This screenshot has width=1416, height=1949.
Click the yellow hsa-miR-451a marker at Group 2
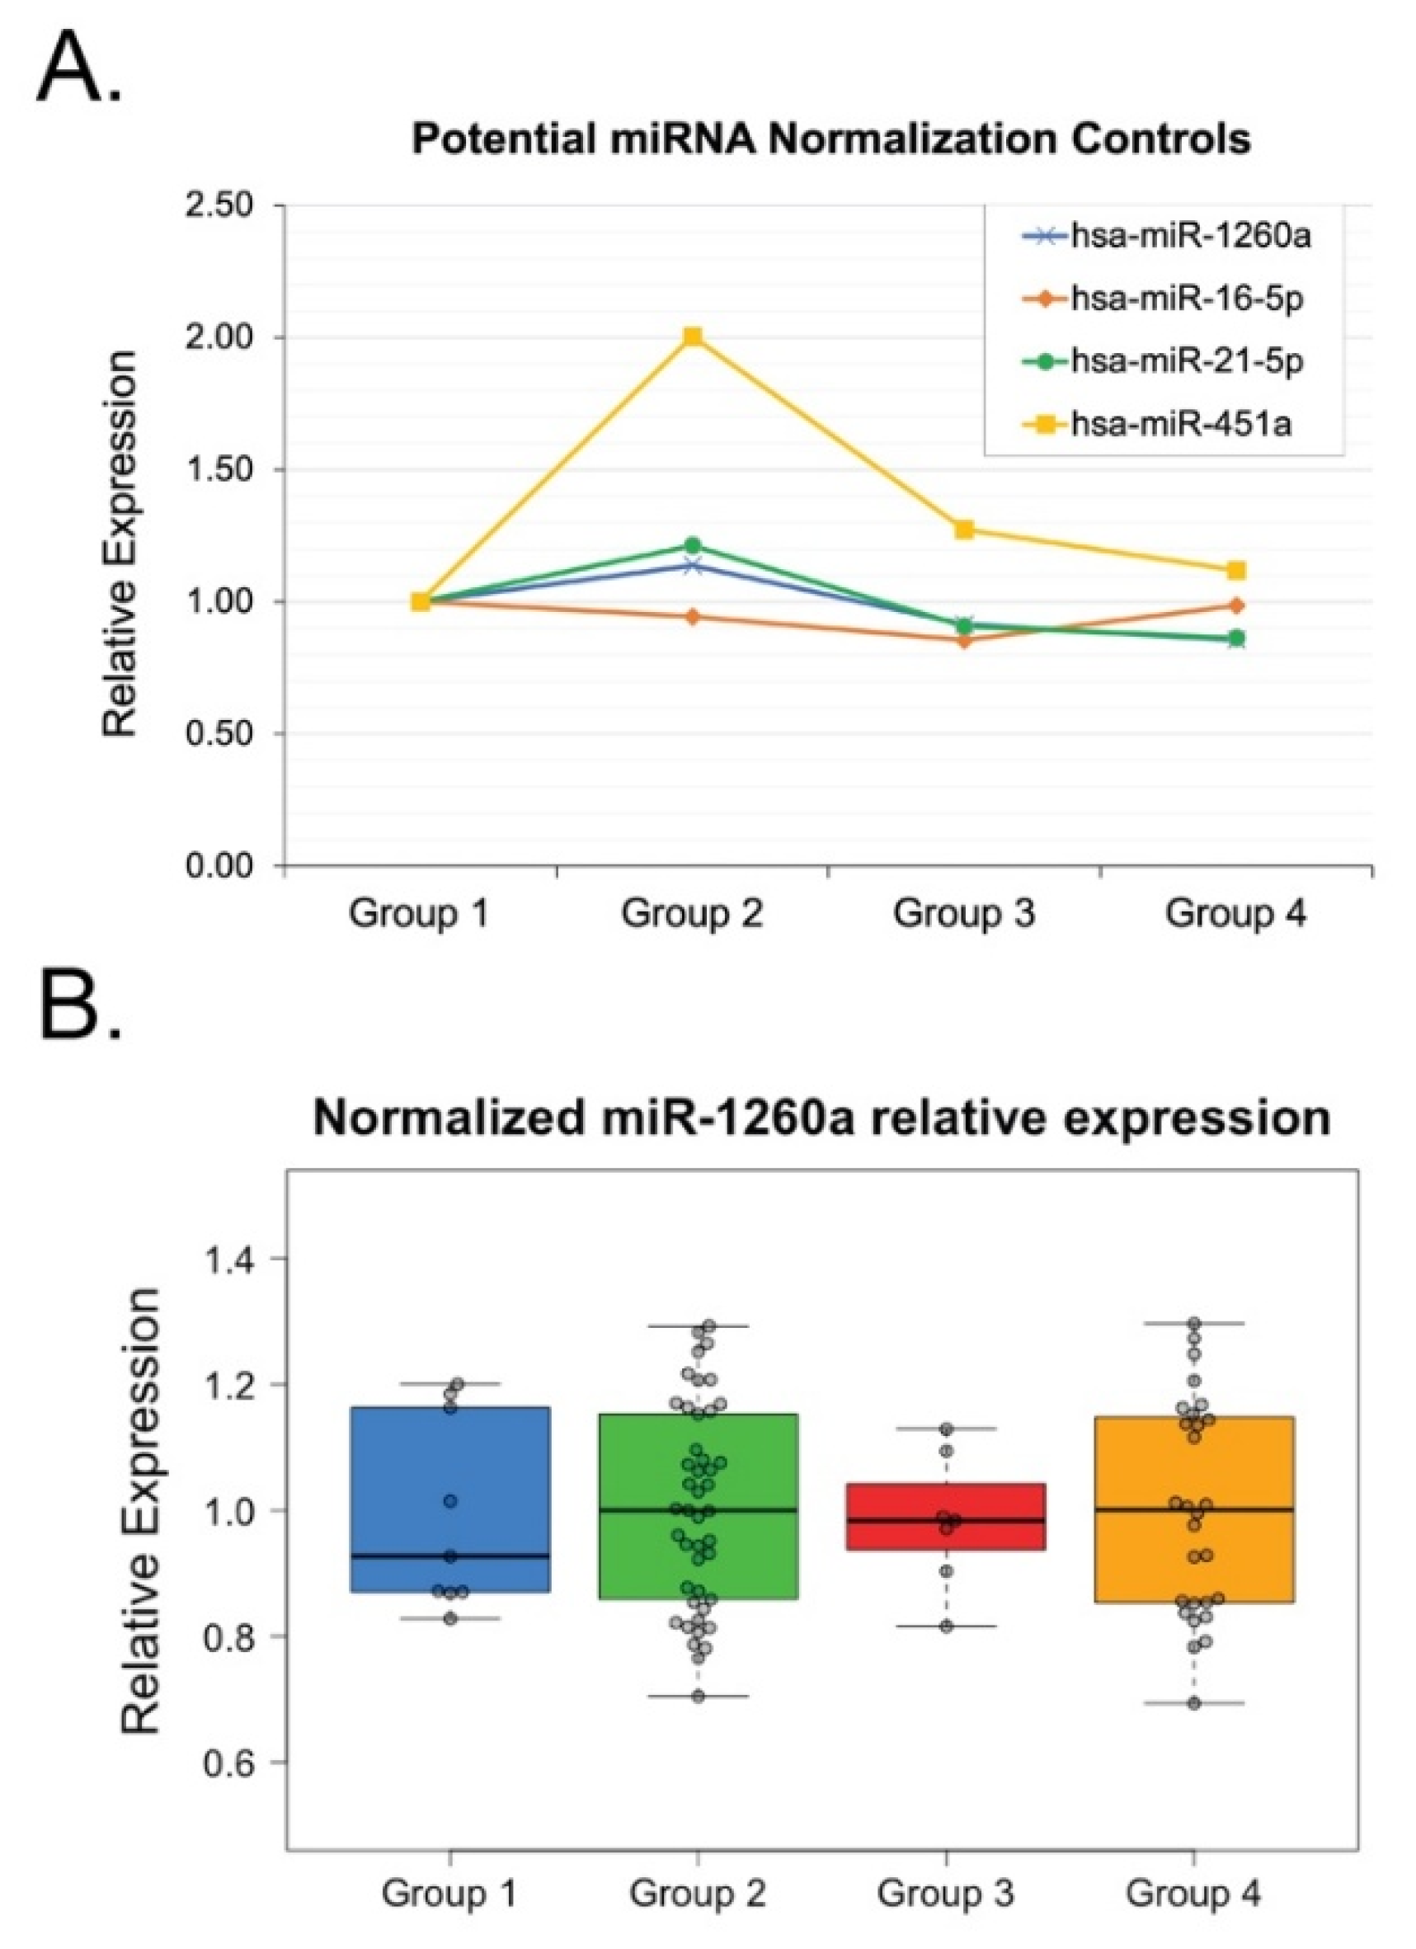[693, 336]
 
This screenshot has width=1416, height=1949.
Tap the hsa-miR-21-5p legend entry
[1187, 361]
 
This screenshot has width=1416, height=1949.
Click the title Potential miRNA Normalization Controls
[830, 139]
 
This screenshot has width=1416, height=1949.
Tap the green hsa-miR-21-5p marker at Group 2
[693, 545]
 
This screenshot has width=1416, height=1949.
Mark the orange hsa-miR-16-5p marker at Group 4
[1236, 606]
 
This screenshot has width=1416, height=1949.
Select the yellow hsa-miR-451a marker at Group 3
[964, 530]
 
